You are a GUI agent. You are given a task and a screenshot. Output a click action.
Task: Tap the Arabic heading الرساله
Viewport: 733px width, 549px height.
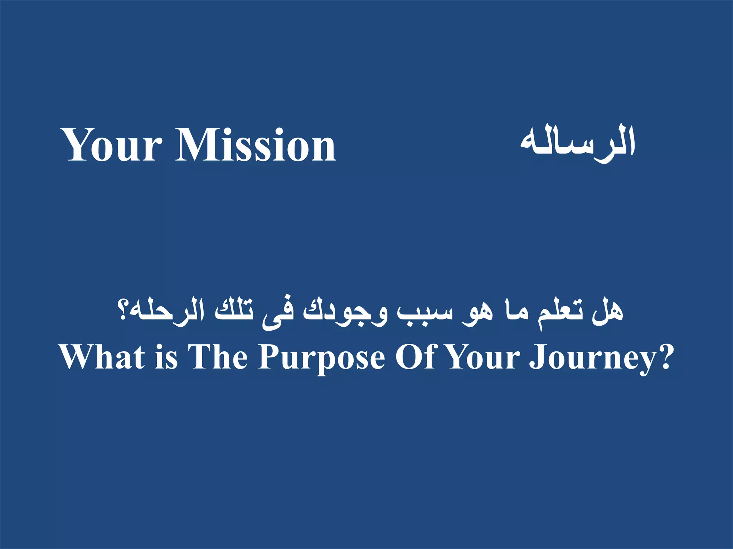pyautogui.click(x=577, y=143)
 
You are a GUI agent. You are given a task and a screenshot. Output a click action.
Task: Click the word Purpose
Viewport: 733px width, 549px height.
pyautogui.click(x=321, y=357)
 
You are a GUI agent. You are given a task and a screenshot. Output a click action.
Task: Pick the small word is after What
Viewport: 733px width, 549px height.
pyautogui.click(x=166, y=357)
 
